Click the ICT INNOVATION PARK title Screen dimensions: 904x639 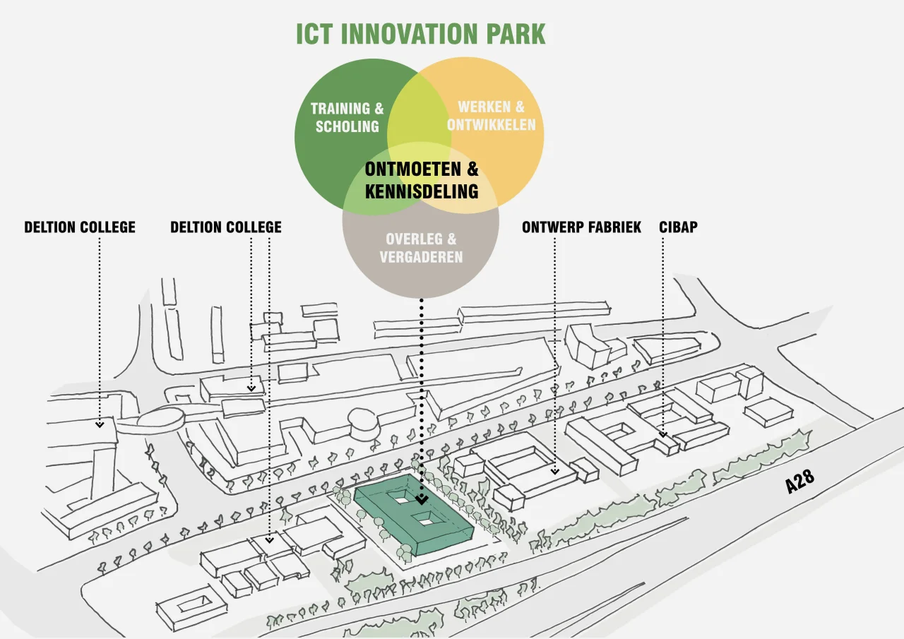(x=420, y=34)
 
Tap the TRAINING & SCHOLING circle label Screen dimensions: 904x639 (x=347, y=117)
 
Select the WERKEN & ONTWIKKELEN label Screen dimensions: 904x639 (x=491, y=116)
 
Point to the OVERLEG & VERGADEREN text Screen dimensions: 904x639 (x=421, y=248)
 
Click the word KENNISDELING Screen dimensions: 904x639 (x=422, y=191)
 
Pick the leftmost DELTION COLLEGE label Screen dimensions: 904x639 (x=80, y=227)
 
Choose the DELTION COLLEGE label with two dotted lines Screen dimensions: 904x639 (x=226, y=227)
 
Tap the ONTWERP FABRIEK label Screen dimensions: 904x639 (x=581, y=227)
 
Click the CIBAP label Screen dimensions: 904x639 (x=679, y=227)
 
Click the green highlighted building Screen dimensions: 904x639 (x=414, y=514)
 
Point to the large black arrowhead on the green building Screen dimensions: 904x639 (x=422, y=500)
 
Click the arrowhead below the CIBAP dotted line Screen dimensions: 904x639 (x=663, y=435)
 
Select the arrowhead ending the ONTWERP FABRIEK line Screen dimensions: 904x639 (x=555, y=471)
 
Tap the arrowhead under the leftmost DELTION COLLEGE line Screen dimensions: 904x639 (x=100, y=425)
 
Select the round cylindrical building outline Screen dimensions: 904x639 (x=363, y=424)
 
